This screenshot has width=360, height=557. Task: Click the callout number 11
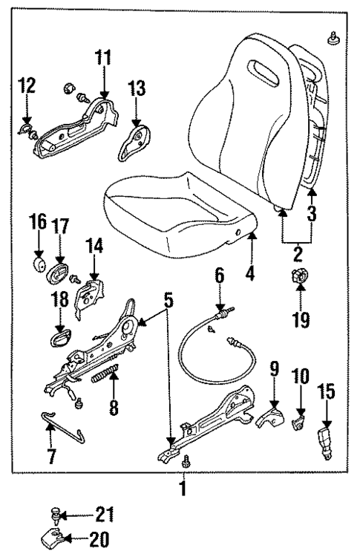coord(103,56)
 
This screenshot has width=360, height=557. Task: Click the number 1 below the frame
coord(183,490)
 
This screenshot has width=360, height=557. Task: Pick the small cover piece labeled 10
coord(298,425)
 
